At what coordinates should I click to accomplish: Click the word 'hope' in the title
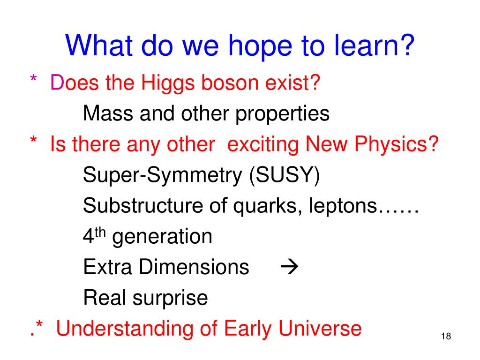click(x=260, y=46)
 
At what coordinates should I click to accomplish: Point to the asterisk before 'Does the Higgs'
click(x=33, y=78)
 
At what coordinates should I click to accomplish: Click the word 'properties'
click(x=282, y=115)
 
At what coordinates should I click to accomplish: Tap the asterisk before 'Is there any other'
click(x=33, y=140)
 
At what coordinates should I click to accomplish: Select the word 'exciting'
click(x=263, y=145)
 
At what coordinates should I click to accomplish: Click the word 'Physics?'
click(x=397, y=144)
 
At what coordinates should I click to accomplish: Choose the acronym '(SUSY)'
click(x=285, y=176)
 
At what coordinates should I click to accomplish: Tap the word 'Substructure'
click(x=143, y=205)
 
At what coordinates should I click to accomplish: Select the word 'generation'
click(x=162, y=238)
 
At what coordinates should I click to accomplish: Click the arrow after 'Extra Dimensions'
click(x=289, y=267)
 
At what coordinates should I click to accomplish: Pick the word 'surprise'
click(x=170, y=299)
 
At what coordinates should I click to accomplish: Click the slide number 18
click(x=446, y=336)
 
